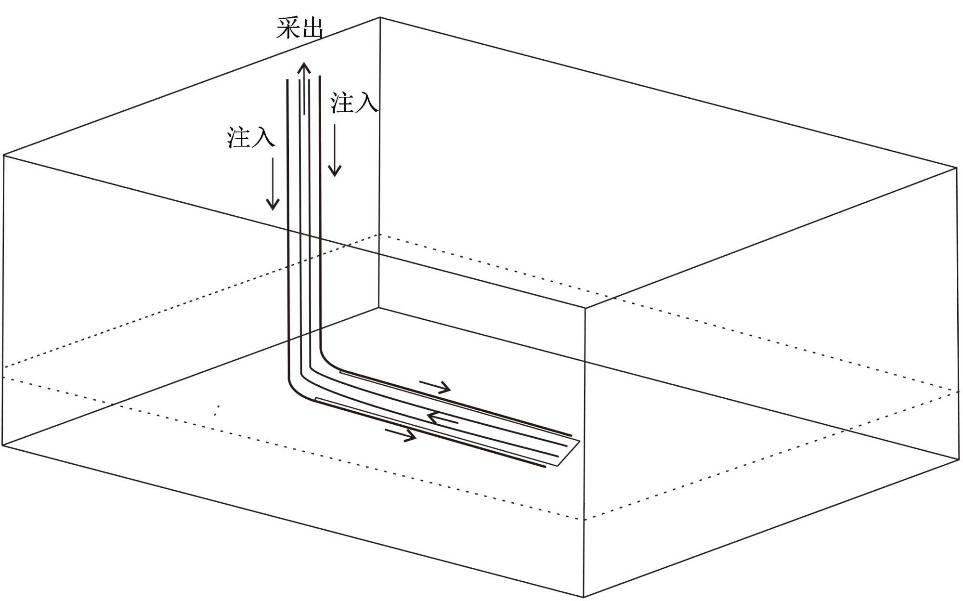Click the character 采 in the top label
click(x=287, y=28)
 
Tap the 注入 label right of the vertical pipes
click(x=354, y=103)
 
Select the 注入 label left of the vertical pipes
click(x=251, y=137)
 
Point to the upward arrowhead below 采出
click(x=304, y=67)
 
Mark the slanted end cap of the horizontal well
click(x=569, y=453)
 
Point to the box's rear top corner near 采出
click(x=380, y=18)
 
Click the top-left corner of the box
click(x=4, y=155)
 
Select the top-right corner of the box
click(x=956, y=168)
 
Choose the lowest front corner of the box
click(x=584, y=597)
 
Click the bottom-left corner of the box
click(x=3, y=445)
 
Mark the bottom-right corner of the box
click(x=959, y=460)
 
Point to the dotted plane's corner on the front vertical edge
click(x=585, y=520)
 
